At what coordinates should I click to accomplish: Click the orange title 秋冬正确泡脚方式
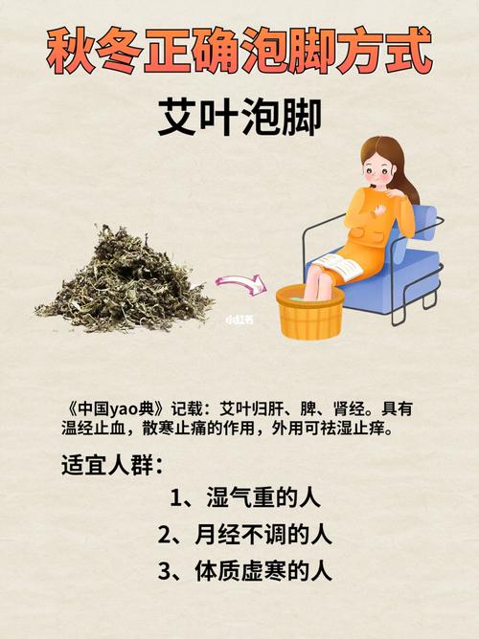pyautogui.click(x=239, y=52)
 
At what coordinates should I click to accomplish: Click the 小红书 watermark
pyautogui.click(x=239, y=322)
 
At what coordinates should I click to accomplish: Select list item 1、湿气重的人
pyautogui.click(x=244, y=499)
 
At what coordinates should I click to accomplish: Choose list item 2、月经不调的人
pyautogui.click(x=244, y=535)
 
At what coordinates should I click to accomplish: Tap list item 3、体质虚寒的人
pyautogui.click(x=244, y=571)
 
